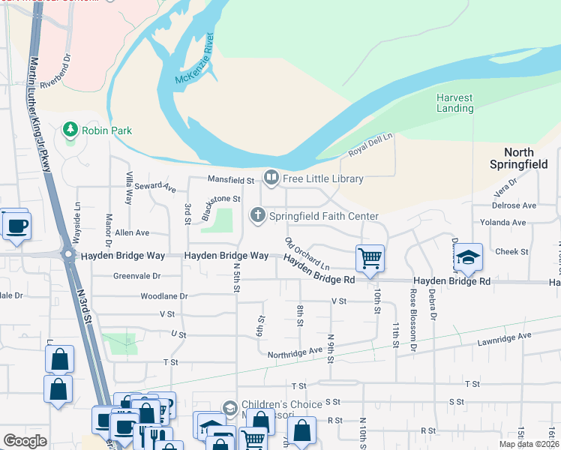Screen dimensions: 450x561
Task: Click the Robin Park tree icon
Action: (x=70, y=130)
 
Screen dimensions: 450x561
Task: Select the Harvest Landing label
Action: (x=455, y=103)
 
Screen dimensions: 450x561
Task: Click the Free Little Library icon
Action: (x=271, y=178)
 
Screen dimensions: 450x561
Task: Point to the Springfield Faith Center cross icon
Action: (x=258, y=216)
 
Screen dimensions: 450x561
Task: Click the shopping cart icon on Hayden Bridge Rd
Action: (x=370, y=259)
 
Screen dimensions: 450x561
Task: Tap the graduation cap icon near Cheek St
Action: (x=467, y=259)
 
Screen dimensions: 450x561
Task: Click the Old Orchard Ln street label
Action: (x=307, y=253)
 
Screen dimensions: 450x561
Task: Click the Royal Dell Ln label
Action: (x=370, y=147)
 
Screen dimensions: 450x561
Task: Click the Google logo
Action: (x=25, y=441)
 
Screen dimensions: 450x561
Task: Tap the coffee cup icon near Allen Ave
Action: (x=16, y=225)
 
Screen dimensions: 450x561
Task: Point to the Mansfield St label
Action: (x=232, y=179)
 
